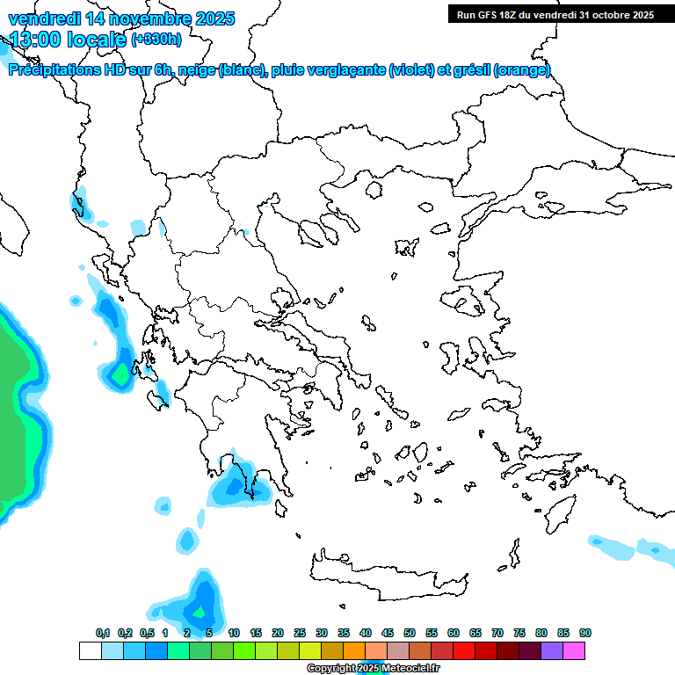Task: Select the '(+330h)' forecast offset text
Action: coord(156,39)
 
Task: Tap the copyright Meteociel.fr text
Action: coord(373,668)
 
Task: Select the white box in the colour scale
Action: coord(90,650)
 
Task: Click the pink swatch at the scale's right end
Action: coord(574,650)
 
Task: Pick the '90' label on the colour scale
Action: coord(585,633)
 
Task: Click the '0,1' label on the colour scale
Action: coord(103,633)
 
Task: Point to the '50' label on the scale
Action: coord(410,633)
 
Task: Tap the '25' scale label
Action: coord(300,633)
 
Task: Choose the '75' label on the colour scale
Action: coord(519,633)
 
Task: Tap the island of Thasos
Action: coord(374,189)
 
